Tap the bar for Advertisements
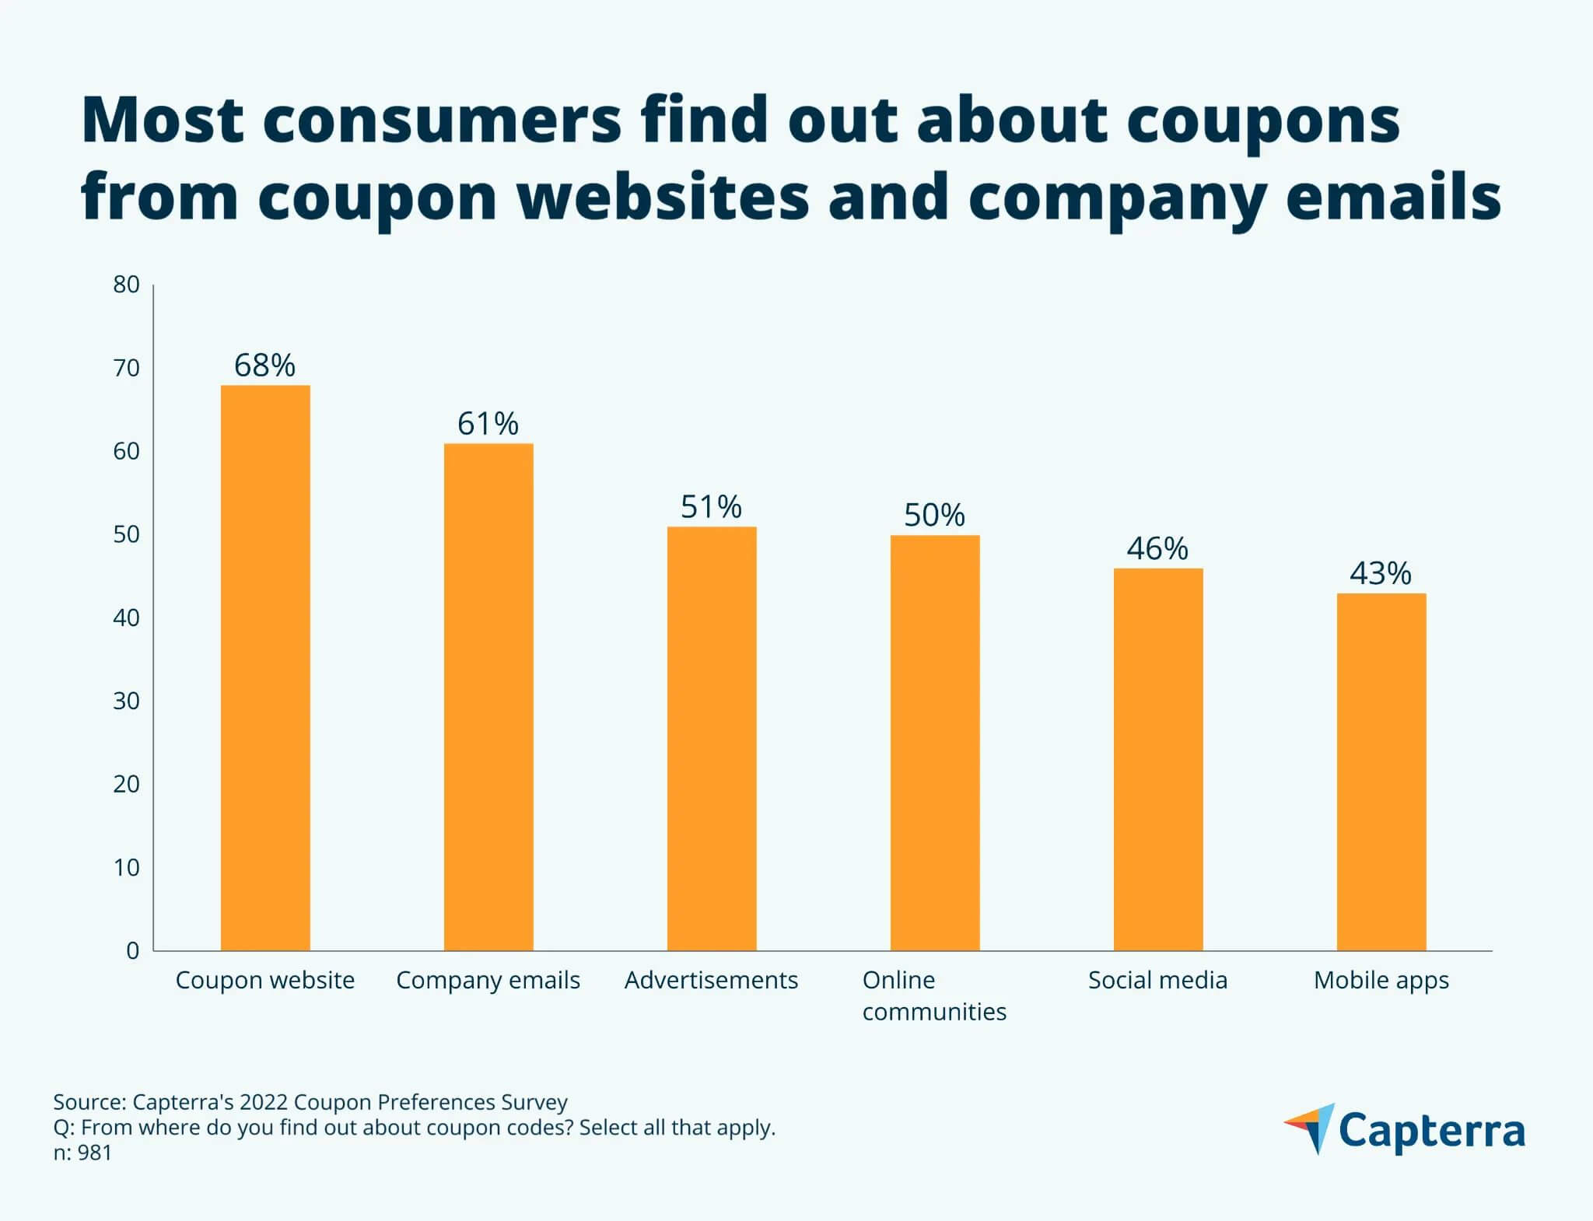712,738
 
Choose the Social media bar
1158,759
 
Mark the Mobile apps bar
1381,771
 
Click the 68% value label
265,366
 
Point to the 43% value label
1381,574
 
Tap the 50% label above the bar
934,516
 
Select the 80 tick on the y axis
126,285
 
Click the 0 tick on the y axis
133,950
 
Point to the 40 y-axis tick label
126,618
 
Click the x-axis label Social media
1157,980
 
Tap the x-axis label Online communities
933,995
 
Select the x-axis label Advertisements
711,980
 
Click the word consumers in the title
441,121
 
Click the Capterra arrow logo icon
1310,1127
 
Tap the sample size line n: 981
82,1153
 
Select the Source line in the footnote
310,1102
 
